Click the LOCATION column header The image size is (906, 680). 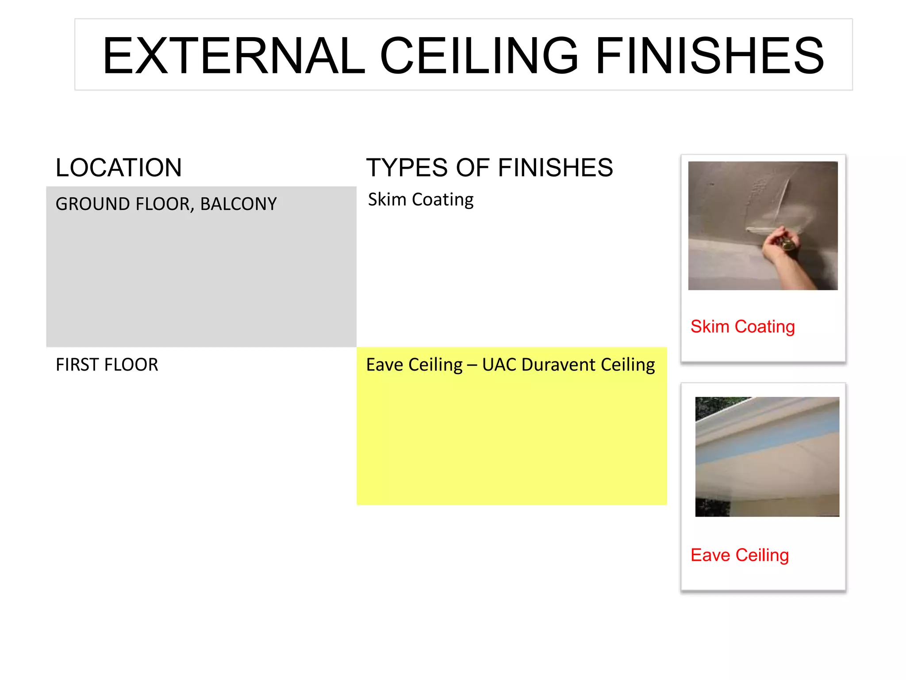[119, 168]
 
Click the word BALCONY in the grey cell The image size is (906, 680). [238, 204]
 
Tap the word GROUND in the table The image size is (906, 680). [92, 204]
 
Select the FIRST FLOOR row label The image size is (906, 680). [107, 365]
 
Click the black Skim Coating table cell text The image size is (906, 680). [421, 200]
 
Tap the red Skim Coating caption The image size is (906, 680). [742, 327]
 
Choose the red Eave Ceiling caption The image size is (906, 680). [739, 555]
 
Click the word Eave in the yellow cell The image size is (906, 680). [383, 365]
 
